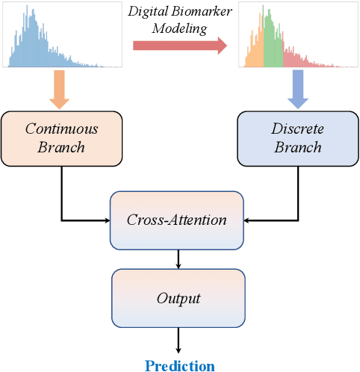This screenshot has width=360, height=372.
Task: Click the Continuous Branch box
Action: [61, 138]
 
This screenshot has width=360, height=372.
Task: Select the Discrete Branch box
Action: [297, 138]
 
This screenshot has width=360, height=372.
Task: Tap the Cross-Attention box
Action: [177, 220]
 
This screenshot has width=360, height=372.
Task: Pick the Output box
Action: [178, 298]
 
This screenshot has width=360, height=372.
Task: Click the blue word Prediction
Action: [179, 365]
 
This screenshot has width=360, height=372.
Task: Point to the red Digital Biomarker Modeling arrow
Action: [179, 46]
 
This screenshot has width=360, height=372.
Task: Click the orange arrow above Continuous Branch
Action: [58, 89]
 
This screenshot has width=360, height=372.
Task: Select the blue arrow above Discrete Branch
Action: [297, 89]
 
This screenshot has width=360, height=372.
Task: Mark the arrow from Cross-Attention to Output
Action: [178, 258]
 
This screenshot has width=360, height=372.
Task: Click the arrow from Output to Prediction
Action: [178, 340]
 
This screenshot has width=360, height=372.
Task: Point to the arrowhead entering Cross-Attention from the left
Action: [106, 220]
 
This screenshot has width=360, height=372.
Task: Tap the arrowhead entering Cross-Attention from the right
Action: [249, 220]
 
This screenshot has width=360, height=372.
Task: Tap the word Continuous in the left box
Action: [61, 128]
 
